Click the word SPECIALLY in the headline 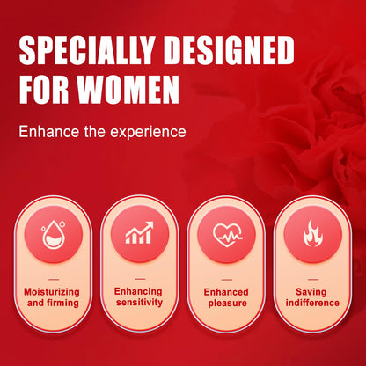(87, 50)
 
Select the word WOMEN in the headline (129, 90)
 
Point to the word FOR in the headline (45, 90)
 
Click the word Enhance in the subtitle (49, 132)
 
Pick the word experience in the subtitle (148, 133)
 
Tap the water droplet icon (54, 234)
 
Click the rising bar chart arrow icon (139, 232)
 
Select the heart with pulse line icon (227, 235)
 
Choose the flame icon (312, 235)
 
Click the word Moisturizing (52, 292)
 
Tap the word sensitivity (139, 302)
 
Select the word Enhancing (138, 292)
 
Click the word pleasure (228, 303)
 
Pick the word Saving (311, 292)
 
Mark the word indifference (312, 303)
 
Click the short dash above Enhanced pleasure (227, 280)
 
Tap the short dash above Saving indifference (313, 279)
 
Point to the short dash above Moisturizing (54, 279)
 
